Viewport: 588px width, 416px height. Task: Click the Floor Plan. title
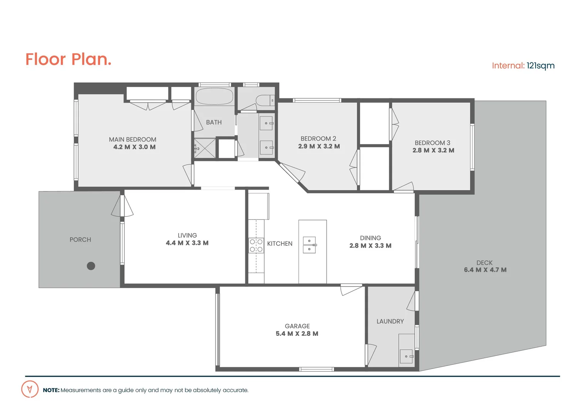68,59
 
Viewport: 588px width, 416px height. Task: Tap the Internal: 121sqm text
523,66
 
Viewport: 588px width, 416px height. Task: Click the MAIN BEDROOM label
132,139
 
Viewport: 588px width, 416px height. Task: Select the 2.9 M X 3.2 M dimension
319,146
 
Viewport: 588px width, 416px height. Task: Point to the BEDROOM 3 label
432,143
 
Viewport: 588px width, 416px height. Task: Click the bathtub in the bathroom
214,97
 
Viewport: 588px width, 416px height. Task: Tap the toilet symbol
265,101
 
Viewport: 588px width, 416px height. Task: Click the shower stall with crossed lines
205,148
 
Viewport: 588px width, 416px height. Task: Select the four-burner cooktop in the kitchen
256,246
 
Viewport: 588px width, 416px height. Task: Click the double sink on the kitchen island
309,245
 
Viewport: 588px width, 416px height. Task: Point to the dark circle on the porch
91,266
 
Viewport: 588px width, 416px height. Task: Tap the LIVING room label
187,235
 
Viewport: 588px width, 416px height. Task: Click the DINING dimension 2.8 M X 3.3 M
370,246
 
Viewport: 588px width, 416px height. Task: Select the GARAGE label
297,326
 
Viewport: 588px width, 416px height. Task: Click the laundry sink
406,356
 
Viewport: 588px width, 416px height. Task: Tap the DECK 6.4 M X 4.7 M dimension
485,270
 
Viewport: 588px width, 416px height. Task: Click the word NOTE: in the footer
51,390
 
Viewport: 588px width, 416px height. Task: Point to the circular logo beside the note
30,389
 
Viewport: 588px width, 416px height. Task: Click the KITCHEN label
280,244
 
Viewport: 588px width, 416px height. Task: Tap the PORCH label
80,240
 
